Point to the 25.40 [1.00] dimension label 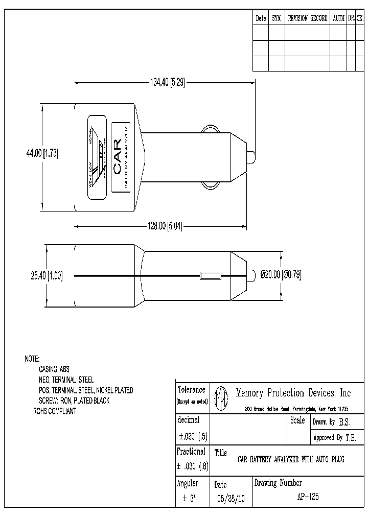[x=47, y=275]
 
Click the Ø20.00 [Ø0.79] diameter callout [x=281, y=275]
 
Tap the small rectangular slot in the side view [x=210, y=276]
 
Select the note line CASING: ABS [x=54, y=369]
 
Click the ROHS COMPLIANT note [x=55, y=411]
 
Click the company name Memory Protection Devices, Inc [x=293, y=393]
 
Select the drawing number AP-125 [x=307, y=497]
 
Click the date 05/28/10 [x=231, y=499]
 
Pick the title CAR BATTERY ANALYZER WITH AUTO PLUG [x=291, y=459]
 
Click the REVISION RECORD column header [x=307, y=18]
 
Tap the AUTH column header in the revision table [x=338, y=18]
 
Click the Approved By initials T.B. [x=350, y=438]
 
